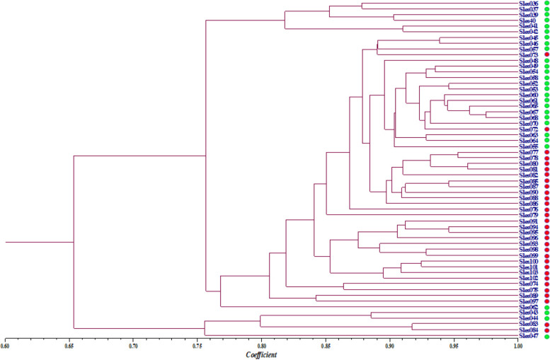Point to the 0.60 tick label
pyautogui.click(x=5, y=345)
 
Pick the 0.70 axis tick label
pyautogui.click(x=133, y=345)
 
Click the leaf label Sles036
pyautogui.click(x=528, y=4)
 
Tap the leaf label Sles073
pyautogui.click(x=528, y=55)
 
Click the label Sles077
pyautogui.click(x=528, y=152)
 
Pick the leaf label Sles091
pyautogui.click(x=528, y=221)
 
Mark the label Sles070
pyautogui.click(x=528, y=123)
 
